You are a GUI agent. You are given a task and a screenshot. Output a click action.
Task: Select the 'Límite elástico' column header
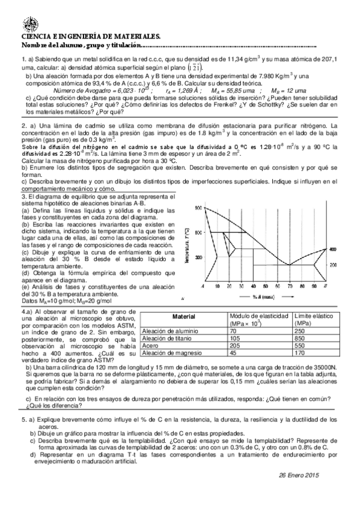click(x=314, y=316)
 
